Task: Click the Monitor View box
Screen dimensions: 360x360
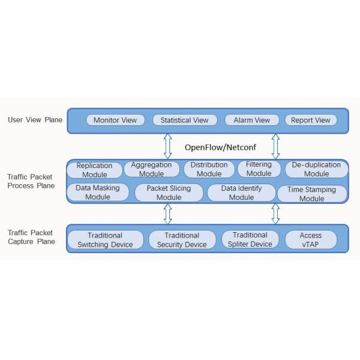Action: point(115,120)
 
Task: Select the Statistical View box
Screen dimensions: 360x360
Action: point(184,120)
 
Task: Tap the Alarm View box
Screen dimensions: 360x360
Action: point(247,120)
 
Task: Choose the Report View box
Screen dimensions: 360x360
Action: point(310,120)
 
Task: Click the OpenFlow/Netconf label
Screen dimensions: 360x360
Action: point(217,146)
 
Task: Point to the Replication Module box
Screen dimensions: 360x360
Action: point(94,170)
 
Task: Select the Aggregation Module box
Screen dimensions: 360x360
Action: point(151,169)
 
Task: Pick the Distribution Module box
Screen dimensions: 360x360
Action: point(209,169)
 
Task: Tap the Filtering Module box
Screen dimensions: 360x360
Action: point(259,169)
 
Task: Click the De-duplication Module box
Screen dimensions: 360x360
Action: point(316,169)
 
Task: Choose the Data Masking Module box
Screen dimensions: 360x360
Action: point(97,192)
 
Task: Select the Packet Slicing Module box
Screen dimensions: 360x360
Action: point(169,193)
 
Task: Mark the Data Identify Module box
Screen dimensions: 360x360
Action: point(241,193)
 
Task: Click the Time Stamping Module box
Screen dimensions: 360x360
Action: point(311,194)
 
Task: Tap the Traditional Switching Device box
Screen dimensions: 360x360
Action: point(105,240)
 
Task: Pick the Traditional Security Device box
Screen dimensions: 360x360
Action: point(182,240)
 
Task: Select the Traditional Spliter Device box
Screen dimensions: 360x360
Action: point(250,239)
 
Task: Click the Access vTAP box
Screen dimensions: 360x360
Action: point(310,239)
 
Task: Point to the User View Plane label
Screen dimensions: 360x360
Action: point(35,120)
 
